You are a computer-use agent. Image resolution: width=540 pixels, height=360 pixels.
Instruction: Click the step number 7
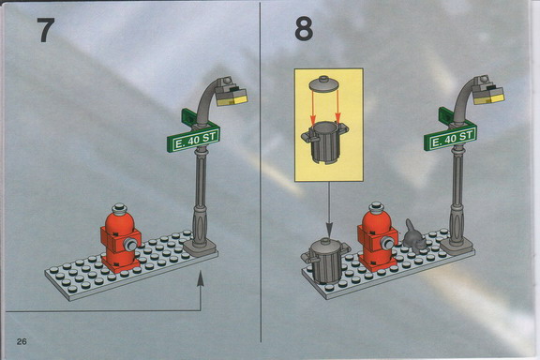click(46, 30)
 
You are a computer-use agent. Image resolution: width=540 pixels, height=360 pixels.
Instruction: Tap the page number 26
click(22, 342)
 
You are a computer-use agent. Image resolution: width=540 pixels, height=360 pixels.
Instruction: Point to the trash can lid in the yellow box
click(323, 83)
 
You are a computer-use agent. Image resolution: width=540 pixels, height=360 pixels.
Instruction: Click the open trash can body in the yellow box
click(324, 142)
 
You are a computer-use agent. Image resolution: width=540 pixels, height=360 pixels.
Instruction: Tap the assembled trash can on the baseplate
click(325, 260)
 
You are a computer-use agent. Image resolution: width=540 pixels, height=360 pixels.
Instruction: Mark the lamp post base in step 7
click(200, 247)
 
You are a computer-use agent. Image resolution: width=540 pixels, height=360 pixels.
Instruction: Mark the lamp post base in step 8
click(457, 245)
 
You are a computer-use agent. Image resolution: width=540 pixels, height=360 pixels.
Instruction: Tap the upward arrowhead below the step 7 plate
click(200, 279)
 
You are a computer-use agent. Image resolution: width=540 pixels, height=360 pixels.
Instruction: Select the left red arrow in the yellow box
click(312, 108)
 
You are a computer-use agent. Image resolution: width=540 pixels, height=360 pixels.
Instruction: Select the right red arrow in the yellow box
click(337, 107)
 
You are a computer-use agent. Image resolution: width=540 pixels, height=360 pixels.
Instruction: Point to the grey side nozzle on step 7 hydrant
click(131, 245)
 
